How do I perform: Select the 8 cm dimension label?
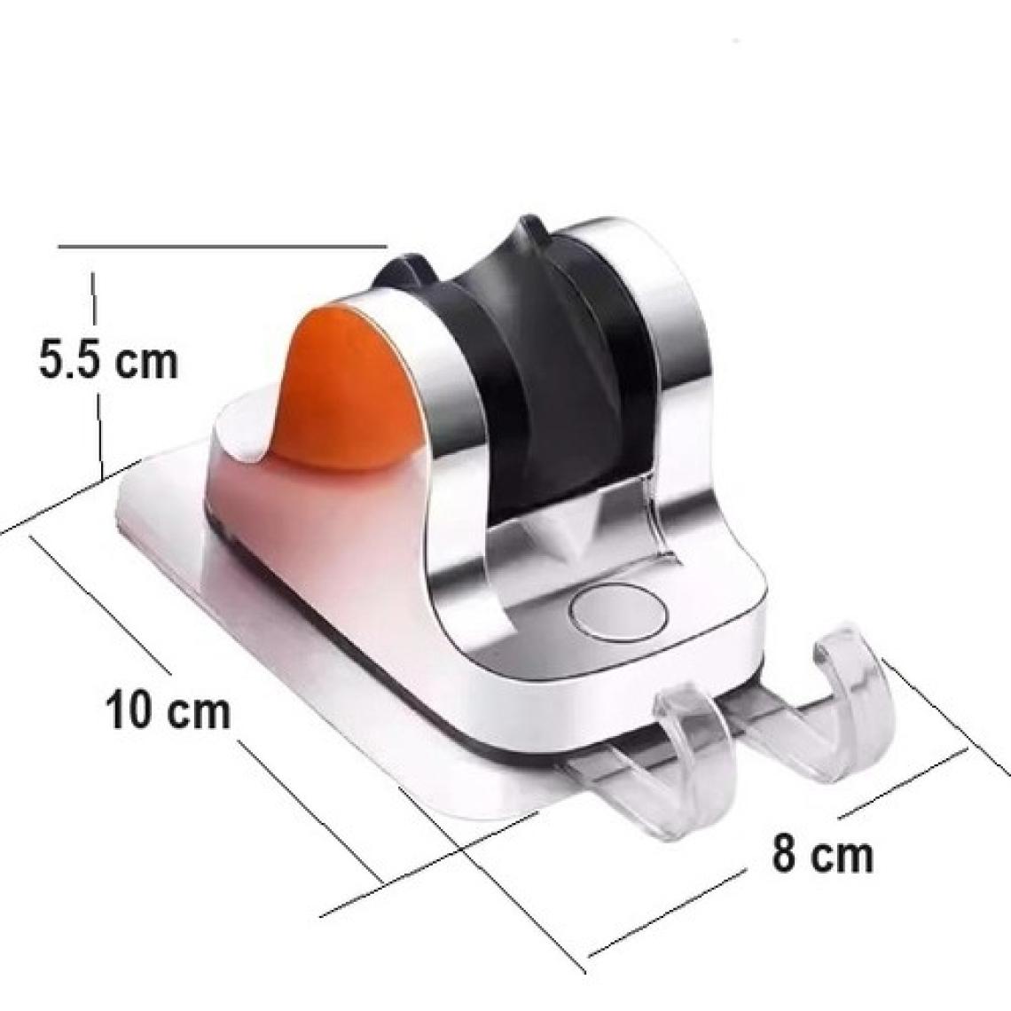821,854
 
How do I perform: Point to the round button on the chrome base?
618,611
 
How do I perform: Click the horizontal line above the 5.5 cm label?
223,246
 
